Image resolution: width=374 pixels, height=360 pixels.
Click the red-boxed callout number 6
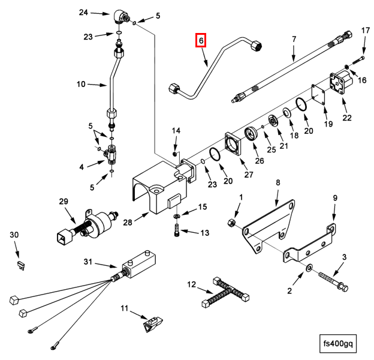pyautogui.click(x=201, y=40)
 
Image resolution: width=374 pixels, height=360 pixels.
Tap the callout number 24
pyautogui.click(x=83, y=12)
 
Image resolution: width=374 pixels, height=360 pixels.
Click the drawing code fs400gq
pyautogui.click(x=339, y=344)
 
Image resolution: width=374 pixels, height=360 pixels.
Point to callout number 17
pyautogui.click(x=365, y=31)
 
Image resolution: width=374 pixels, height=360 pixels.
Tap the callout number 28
pyautogui.click(x=126, y=223)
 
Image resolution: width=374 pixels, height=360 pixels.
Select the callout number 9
pyautogui.click(x=335, y=198)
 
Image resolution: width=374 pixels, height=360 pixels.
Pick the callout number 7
pyautogui.click(x=294, y=40)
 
